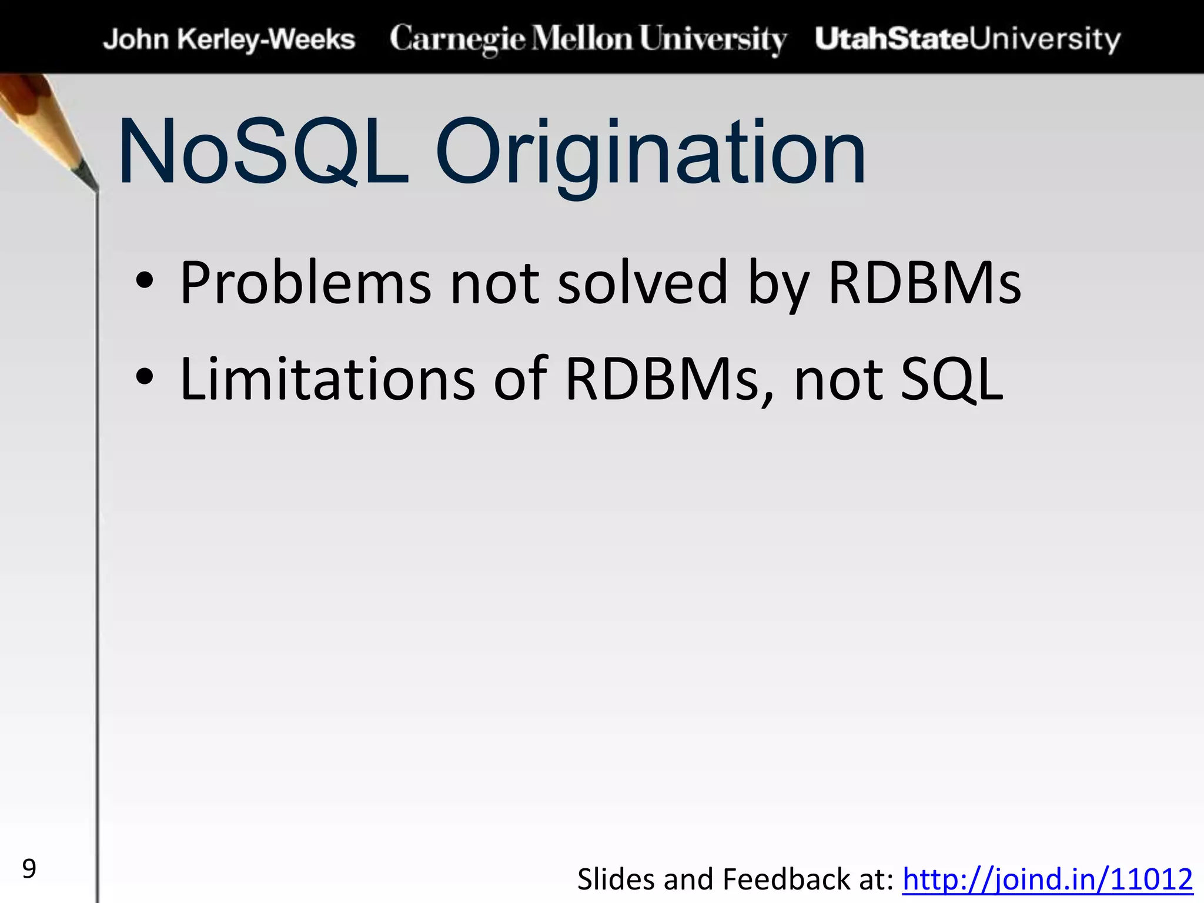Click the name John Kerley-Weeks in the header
(x=229, y=39)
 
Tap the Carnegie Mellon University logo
(x=588, y=39)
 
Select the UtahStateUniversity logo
(x=968, y=39)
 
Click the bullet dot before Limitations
(x=145, y=378)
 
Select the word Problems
(x=305, y=284)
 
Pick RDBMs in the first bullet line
(x=925, y=284)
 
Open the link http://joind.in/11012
(x=1047, y=880)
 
